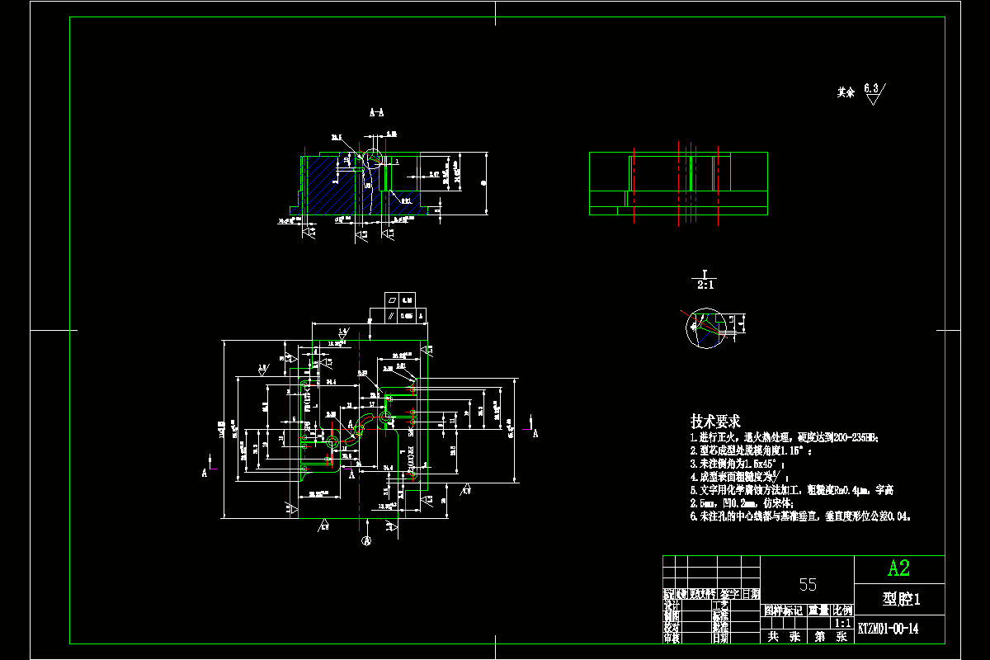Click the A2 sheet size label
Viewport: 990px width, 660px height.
click(898, 568)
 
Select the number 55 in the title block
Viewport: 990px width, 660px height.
click(808, 584)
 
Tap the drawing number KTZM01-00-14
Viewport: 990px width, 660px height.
click(888, 629)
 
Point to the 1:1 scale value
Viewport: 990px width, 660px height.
click(843, 624)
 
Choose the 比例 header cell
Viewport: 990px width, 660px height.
click(843, 610)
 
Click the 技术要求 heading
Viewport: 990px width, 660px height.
click(715, 421)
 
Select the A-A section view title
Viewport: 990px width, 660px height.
click(376, 111)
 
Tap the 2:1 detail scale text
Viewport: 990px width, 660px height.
click(706, 285)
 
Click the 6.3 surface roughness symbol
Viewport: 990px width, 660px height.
click(873, 93)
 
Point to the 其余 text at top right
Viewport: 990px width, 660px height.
click(846, 93)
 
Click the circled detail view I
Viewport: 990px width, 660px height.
click(703, 328)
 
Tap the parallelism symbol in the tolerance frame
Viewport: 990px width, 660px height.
click(392, 315)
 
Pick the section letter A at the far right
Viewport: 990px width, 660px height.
click(535, 432)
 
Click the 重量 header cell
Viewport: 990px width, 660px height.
click(818, 610)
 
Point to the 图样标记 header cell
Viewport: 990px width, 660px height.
click(782, 610)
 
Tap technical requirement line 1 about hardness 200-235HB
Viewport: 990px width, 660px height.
click(784, 437)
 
